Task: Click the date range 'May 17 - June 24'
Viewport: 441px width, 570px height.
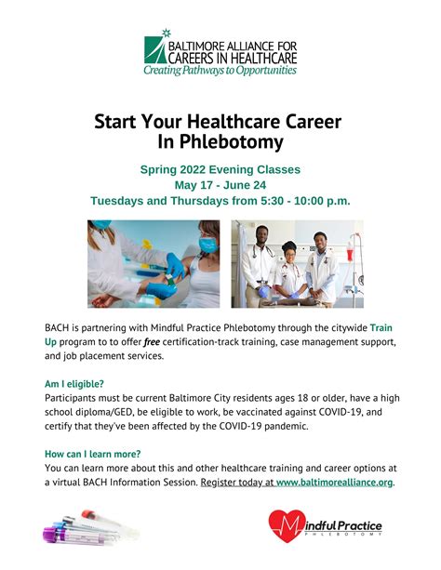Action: tap(220, 185)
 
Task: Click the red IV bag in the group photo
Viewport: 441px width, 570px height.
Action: tap(352, 249)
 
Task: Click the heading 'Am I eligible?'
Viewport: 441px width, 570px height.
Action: tap(73, 383)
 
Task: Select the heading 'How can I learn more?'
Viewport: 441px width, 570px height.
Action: tap(92, 453)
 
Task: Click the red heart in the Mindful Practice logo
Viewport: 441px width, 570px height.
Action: tap(287, 527)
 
